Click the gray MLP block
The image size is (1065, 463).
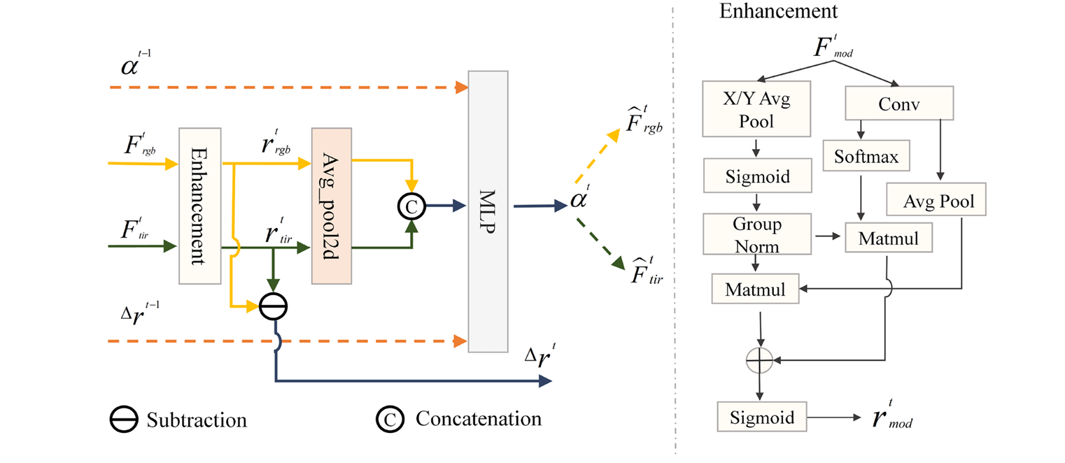point(488,211)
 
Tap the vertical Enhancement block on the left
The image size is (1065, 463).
point(199,206)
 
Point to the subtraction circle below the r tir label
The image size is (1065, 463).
point(273,306)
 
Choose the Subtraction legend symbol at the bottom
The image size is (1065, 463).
point(124,420)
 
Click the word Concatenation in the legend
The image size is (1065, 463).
point(478,419)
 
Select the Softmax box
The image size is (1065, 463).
point(866,157)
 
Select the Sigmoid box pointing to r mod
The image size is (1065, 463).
point(762,418)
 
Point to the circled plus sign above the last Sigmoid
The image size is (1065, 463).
point(760,361)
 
